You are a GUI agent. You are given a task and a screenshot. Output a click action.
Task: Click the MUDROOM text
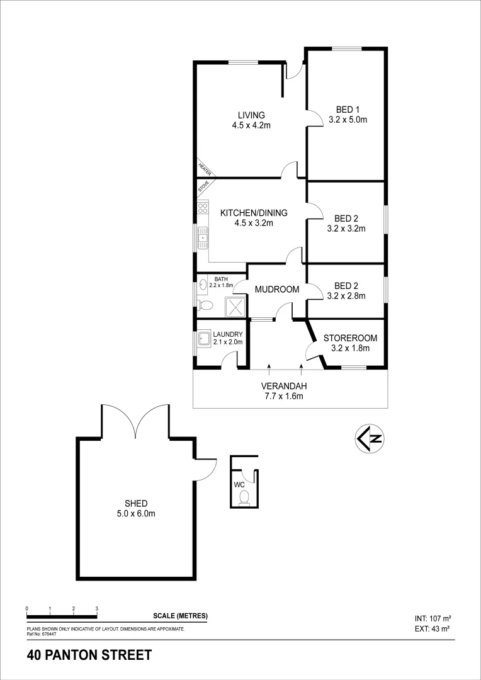(276, 290)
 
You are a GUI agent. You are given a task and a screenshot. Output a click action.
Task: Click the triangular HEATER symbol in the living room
(203, 168)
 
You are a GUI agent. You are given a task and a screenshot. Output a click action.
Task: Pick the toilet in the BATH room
(204, 305)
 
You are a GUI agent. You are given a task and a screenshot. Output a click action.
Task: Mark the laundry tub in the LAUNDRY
(204, 340)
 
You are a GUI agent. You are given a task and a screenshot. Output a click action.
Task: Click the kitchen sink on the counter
(203, 237)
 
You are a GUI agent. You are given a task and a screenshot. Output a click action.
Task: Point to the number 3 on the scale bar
(96, 609)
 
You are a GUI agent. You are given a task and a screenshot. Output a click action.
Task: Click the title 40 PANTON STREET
(89, 655)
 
